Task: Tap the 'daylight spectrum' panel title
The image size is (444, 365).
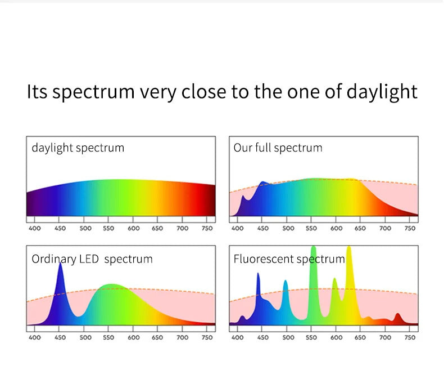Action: pos(78,148)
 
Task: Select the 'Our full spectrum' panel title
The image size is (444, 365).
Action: pos(278,148)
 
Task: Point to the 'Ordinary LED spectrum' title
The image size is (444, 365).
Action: pos(92,259)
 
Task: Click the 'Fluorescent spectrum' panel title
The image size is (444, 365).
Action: pos(289,259)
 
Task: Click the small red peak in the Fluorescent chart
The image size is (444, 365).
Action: pos(397,318)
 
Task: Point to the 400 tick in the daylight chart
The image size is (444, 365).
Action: pos(34,229)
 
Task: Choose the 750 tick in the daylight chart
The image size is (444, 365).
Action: pos(207,229)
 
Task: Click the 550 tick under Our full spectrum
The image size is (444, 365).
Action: pos(311,229)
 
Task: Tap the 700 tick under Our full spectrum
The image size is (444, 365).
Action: pos(385,229)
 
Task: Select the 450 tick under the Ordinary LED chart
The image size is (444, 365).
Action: pos(60,337)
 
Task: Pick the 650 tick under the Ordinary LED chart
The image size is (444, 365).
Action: pos(157,337)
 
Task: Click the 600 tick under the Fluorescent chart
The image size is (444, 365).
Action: pos(336,337)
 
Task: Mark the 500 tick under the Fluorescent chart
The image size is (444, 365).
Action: pos(288,337)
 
